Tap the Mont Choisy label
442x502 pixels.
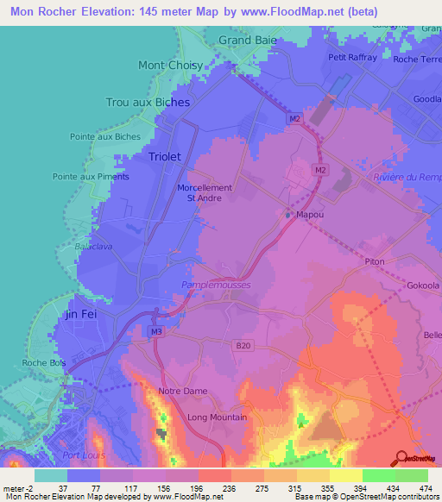point(170,65)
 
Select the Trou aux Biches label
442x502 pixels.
point(147,102)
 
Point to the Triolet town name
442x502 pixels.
point(164,157)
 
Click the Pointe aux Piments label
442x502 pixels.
point(91,177)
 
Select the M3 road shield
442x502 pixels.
point(155,331)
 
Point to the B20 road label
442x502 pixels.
point(243,346)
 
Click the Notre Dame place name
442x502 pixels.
point(183,391)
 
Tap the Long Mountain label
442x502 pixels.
point(218,417)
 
